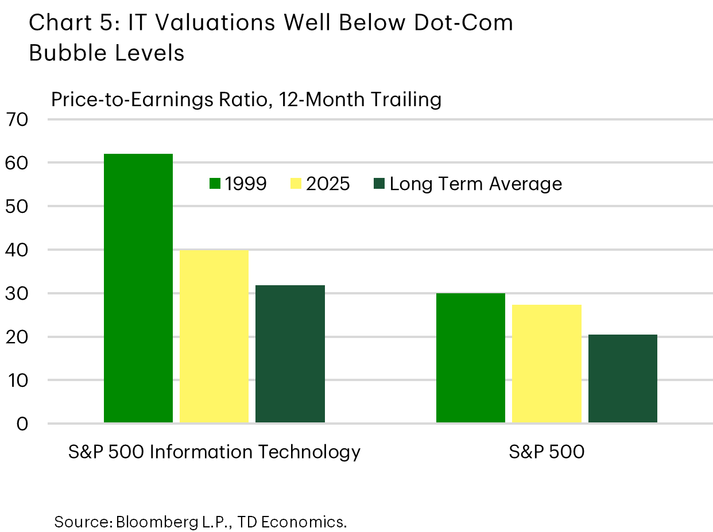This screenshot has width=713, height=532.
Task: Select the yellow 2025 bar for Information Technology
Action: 214,336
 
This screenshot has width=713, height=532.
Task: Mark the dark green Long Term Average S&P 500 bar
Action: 622,379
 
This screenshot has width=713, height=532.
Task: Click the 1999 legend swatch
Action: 215,184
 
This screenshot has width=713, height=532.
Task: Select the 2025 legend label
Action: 328,184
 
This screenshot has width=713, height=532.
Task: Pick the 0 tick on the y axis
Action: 22,424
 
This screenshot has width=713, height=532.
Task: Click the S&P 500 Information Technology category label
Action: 214,452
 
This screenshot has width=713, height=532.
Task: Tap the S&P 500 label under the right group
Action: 546,452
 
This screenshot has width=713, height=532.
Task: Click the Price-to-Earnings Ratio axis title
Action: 246,100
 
